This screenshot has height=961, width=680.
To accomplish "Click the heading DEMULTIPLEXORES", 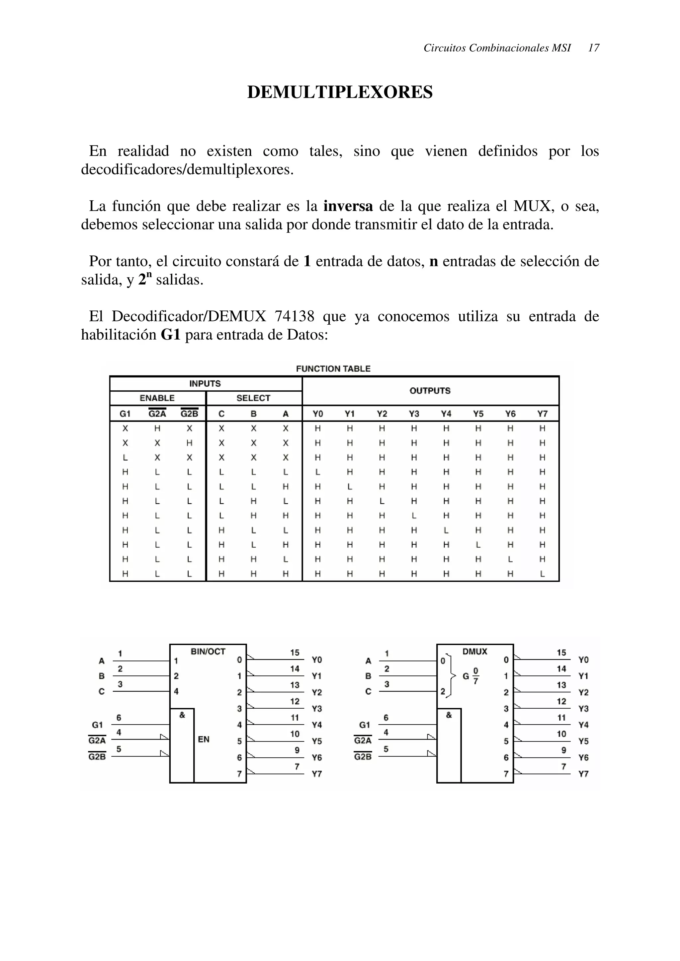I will tap(340, 92).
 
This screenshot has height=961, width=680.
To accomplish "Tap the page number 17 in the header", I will tap(593, 48).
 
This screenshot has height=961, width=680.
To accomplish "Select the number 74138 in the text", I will tap(294, 316).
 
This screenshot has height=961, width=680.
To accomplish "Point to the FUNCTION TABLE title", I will tap(333, 369).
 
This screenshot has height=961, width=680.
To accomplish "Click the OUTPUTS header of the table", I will tap(430, 391).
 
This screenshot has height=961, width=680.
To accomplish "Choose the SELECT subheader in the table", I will tap(253, 398).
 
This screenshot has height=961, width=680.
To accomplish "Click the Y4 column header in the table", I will tap(446, 414).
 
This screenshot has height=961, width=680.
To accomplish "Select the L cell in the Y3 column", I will tap(414, 516).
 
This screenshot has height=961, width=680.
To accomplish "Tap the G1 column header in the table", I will tap(125, 414).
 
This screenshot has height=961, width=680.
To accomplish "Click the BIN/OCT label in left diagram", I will tap(208, 652).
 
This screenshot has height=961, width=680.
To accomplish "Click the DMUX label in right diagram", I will tap(475, 652).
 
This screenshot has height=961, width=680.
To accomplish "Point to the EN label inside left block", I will tap(204, 739).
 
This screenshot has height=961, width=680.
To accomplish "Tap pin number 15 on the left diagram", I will tap(295, 653).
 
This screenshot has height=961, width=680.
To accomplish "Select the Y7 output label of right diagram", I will tap(583, 774).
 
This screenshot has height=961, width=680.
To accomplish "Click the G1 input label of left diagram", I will tap(97, 725).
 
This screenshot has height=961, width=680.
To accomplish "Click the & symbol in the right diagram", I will tap(449, 715).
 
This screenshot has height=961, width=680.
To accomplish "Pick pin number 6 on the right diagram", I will tap(386, 718).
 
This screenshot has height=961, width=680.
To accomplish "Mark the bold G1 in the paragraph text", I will tap(171, 335).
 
